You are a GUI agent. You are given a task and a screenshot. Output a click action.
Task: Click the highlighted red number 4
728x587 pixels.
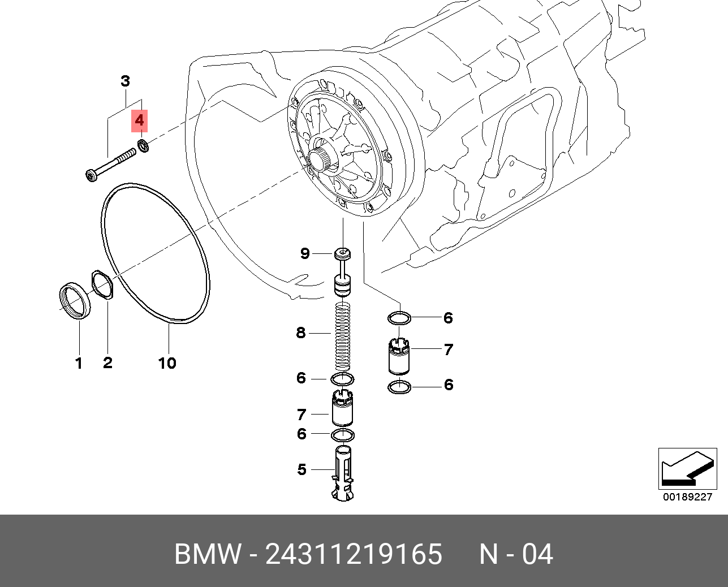click(x=139, y=121)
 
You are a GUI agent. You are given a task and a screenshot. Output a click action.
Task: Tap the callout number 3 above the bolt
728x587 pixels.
click(x=125, y=81)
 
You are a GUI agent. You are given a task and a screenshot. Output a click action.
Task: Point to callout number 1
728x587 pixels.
click(x=79, y=363)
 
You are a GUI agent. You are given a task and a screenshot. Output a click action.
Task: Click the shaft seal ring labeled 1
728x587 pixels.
click(x=75, y=300)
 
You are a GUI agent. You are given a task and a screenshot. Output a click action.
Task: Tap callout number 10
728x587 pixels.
click(x=167, y=363)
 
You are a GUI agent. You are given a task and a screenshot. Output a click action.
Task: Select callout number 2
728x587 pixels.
click(x=107, y=363)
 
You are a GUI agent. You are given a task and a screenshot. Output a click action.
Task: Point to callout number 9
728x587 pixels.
click(x=305, y=253)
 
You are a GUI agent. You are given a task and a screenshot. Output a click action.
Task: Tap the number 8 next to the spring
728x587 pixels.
click(x=300, y=333)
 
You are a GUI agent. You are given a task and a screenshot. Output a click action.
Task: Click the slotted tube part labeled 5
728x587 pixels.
click(x=343, y=472)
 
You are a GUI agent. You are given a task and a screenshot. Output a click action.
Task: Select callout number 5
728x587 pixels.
click(x=301, y=469)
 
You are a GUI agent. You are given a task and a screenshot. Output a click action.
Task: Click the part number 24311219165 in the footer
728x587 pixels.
click(x=354, y=554)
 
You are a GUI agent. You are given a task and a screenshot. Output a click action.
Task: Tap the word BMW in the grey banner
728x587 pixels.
click(x=208, y=554)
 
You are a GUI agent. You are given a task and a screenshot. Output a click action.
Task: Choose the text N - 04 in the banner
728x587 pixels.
click(x=516, y=554)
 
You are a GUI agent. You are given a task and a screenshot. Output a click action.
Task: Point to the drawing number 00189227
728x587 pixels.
click(x=687, y=497)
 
